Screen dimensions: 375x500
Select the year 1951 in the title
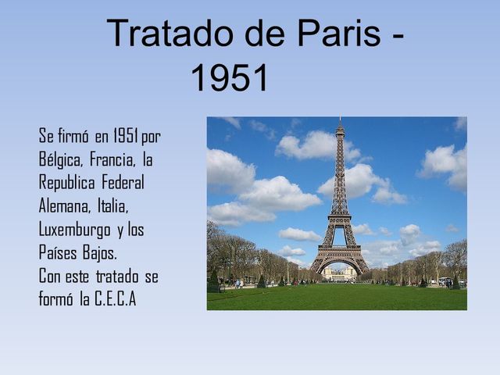click(x=229, y=78)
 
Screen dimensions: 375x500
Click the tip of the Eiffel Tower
click(x=340, y=120)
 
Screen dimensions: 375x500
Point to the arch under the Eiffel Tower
click(x=339, y=267)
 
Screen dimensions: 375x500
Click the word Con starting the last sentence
click(x=50, y=277)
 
